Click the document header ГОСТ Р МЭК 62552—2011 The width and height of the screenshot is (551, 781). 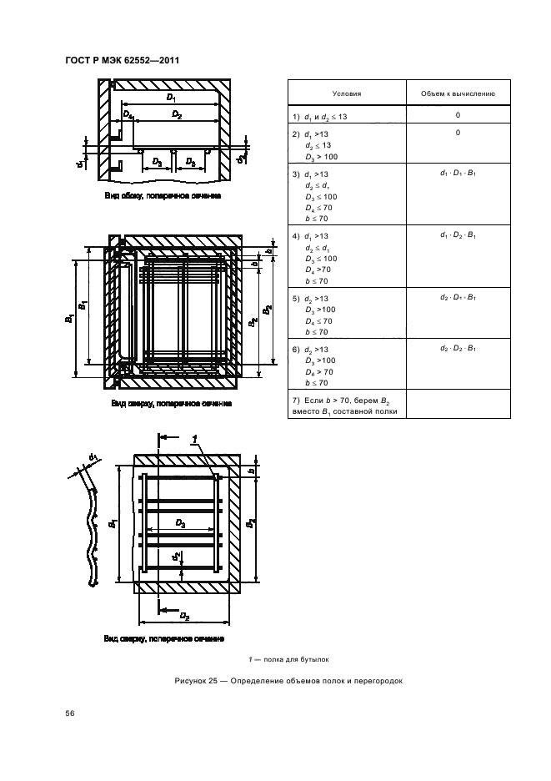point(123,60)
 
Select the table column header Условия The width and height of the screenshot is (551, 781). point(346,94)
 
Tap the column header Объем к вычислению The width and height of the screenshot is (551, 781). point(458,94)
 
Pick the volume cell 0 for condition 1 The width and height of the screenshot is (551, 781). point(458,115)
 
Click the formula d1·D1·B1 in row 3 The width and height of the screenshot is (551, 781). point(458,173)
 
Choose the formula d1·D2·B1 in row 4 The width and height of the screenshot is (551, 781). point(458,235)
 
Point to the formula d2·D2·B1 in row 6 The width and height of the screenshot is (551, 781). point(458,347)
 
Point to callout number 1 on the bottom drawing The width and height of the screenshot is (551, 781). point(193,439)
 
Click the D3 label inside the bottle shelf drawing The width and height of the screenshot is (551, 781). point(180,523)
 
